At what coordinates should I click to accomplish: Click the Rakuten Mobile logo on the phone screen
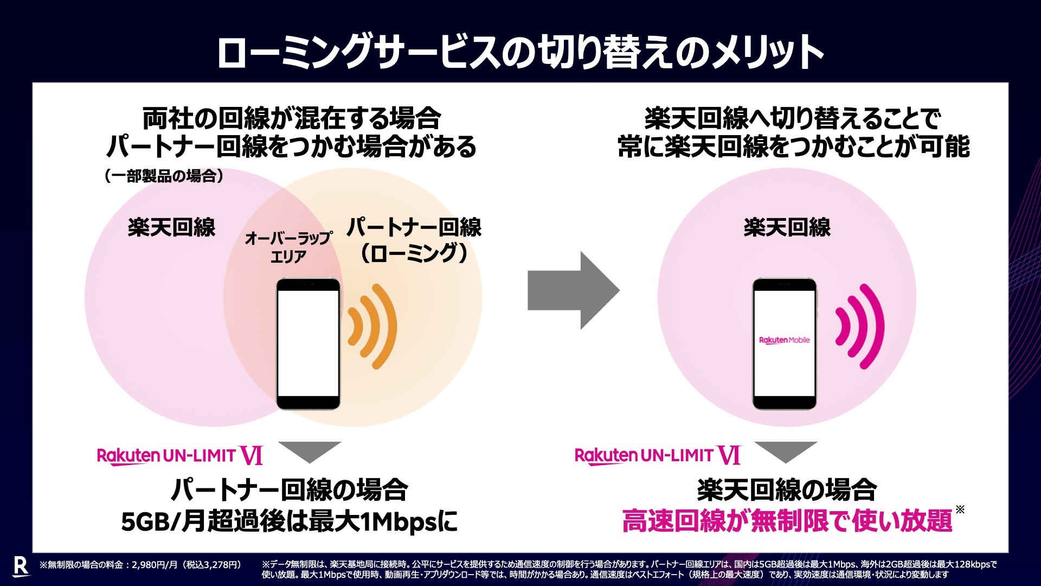coord(784,340)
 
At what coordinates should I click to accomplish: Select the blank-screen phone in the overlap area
coord(309,344)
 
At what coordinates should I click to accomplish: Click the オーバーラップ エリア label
coord(288,247)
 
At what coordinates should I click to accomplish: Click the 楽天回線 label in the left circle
coord(171,227)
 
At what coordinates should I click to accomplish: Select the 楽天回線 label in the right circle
coord(787,227)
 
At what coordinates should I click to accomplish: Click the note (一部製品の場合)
coord(164,176)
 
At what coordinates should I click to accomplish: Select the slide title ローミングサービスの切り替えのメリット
coord(520,52)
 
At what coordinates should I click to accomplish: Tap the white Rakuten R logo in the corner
coord(20,566)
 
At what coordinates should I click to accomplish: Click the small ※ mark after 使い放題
coord(960,509)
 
